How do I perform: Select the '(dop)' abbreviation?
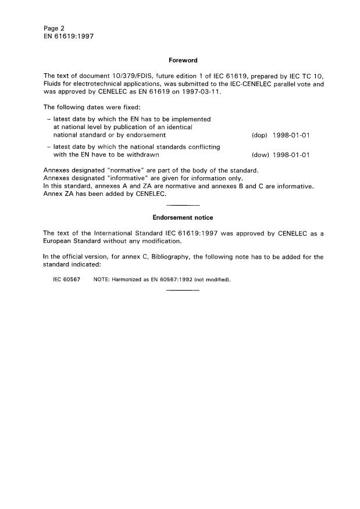click(259, 135)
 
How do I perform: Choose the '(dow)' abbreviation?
click(259, 155)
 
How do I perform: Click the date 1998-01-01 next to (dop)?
click(291, 135)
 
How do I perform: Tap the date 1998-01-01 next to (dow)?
click(291, 155)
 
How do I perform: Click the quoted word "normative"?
click(126, 170)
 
